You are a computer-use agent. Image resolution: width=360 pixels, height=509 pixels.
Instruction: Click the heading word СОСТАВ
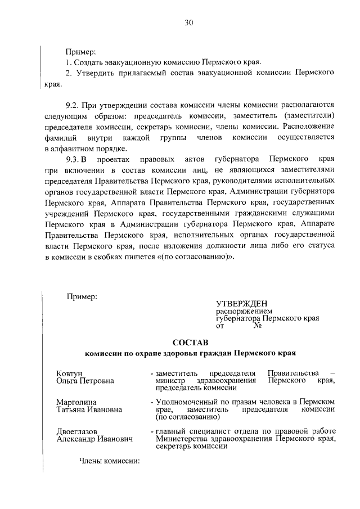point(190,342)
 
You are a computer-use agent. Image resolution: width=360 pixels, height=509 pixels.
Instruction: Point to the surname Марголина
point(76,402)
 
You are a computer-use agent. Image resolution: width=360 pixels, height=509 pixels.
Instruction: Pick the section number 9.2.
point(73,105)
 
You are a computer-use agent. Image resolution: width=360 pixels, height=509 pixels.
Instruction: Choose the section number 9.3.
point(73,159)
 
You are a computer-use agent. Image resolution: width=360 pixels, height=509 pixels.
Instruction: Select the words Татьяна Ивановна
point(89,409)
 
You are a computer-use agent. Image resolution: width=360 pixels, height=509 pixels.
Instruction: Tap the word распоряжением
point(244,311)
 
